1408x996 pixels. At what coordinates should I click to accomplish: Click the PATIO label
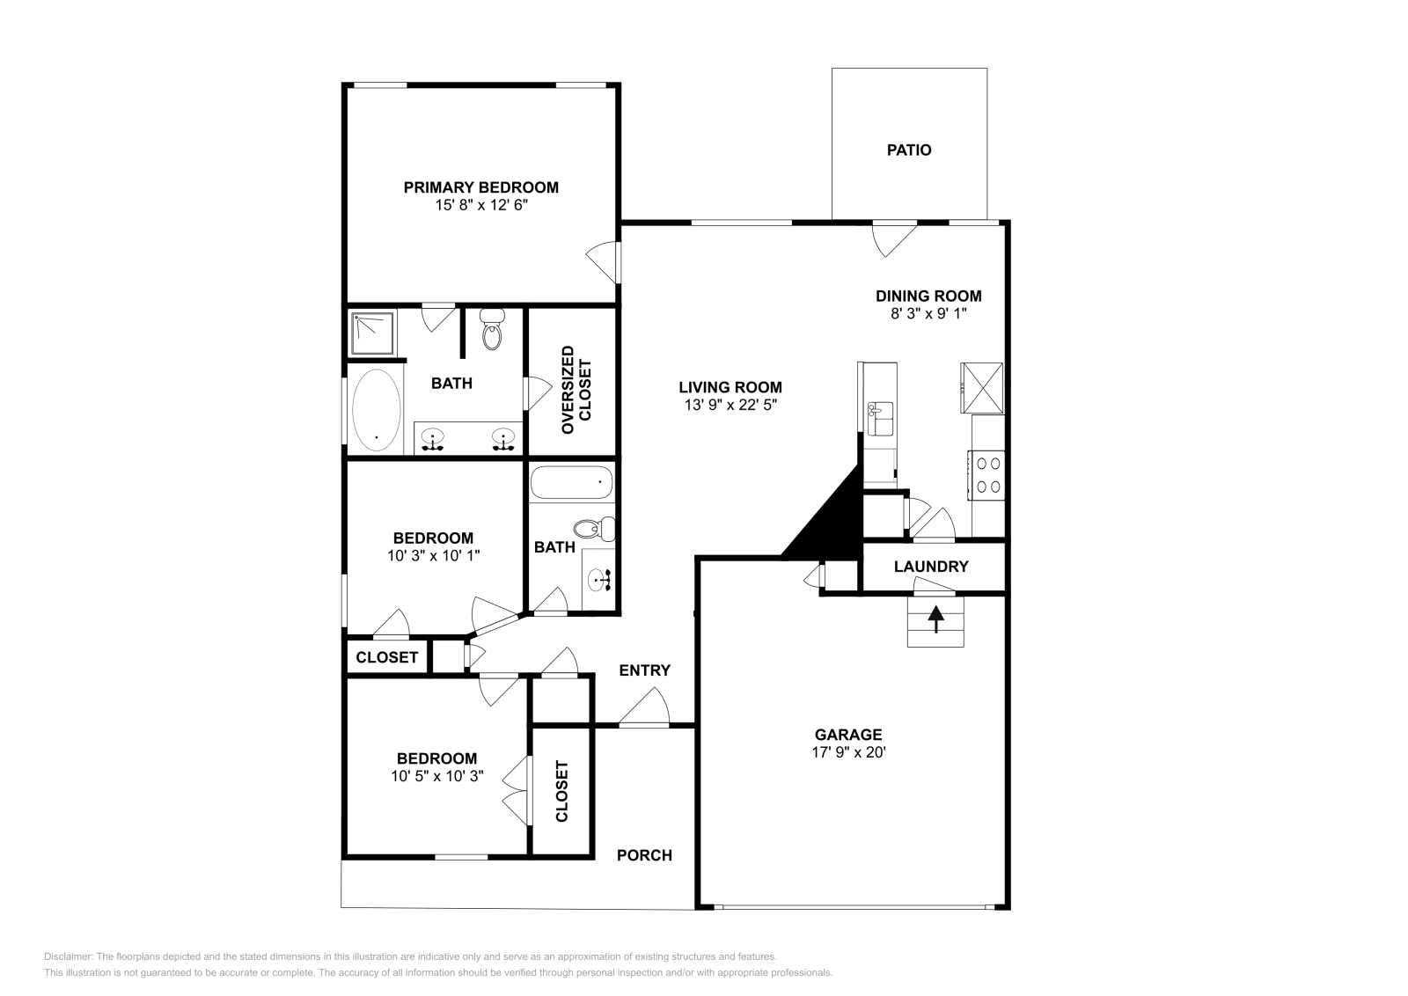point(909,150)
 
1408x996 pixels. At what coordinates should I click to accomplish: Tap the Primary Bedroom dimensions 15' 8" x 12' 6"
point(481,206)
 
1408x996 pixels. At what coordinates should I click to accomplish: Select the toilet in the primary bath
point(492,329)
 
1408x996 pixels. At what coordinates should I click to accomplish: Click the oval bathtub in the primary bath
point(377,410)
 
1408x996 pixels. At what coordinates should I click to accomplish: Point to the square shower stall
point(372,333)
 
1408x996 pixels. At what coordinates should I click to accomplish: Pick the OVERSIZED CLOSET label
point(576,390)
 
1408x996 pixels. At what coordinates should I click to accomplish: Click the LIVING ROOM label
point(730,387)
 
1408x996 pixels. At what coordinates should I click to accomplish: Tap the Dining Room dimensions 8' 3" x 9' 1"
point(928,313)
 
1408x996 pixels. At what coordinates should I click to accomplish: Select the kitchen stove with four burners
point(986,475)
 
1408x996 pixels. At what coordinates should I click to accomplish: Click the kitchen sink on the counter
point(880,419)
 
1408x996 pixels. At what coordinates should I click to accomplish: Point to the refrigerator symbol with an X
point(981,388)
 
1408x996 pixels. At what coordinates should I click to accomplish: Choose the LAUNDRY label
point(931,567)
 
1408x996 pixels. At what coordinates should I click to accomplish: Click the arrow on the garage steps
point(936,619)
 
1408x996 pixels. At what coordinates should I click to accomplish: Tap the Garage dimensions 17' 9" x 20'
point(848,752)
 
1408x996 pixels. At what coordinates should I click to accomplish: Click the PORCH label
point(644,855)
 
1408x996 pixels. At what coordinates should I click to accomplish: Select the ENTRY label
point(645,670)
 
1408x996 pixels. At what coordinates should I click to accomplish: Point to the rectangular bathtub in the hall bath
point(571,482)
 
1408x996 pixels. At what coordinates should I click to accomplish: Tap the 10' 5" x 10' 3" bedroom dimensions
point(436,776)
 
